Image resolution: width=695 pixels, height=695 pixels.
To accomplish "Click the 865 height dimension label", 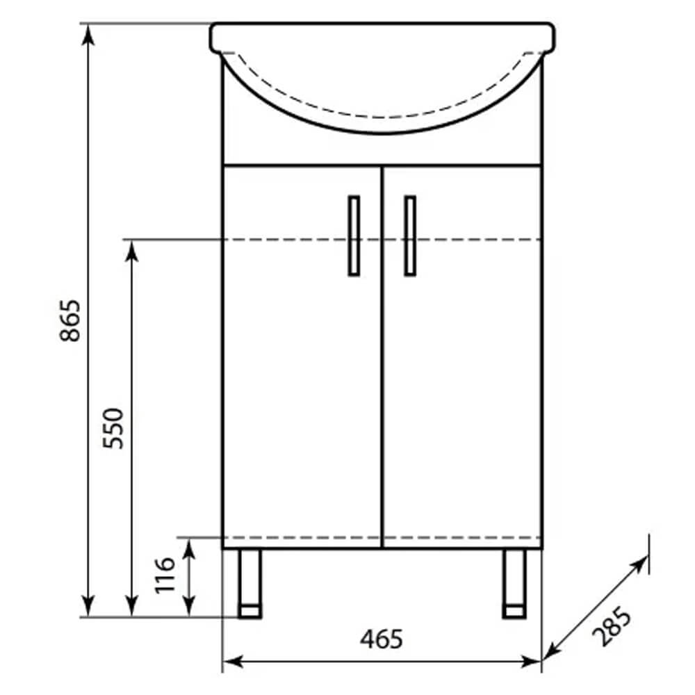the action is click(x=70, y=320).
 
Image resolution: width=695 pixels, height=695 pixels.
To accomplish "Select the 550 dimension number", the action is click(x=113, y=428).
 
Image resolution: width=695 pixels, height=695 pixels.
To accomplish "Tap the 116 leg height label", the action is click(x=165, y=575).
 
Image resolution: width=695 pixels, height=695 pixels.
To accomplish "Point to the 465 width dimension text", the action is click(x=382, y=639).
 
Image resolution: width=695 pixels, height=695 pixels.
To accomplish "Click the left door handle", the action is click(x=354, y=236).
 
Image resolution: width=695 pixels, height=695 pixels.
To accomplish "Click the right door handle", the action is click(x=410, y=236).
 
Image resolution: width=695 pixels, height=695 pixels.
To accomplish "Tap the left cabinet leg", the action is click(x=250, y=583).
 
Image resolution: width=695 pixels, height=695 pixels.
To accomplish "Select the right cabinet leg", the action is click(x=514, y=583).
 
